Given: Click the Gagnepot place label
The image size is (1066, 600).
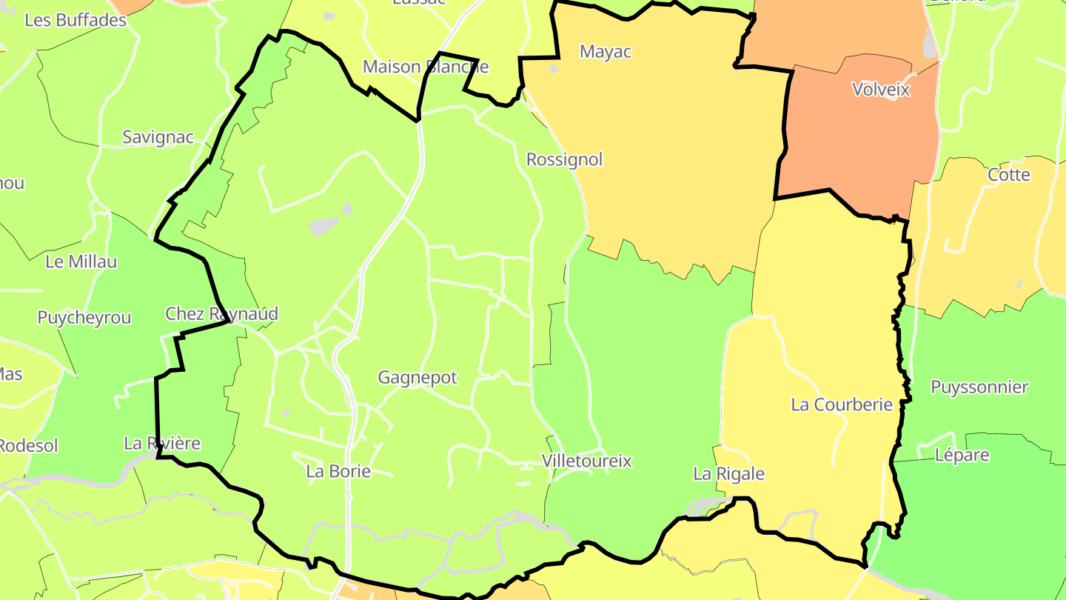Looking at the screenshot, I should tap(418, 378).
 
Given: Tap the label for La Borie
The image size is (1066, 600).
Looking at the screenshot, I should tap(338, 471).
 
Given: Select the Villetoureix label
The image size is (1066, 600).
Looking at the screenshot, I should tap(586, 461).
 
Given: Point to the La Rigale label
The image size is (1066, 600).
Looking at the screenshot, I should tap(728, 473).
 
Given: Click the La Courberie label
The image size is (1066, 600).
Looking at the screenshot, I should tap(842, 404).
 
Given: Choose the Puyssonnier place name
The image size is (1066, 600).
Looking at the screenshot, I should tap(979, 387).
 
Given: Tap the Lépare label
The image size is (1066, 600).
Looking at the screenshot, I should tap(962, 455).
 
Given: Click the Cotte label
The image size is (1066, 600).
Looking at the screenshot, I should tap(1008, 175).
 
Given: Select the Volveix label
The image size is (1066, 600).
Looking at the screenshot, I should tap(880, 90).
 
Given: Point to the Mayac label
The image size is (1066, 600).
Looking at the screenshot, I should tap(606, 52).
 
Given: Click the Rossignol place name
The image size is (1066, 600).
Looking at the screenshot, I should tap(564, 159).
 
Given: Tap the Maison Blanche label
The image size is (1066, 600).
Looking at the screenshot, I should tap(426, 67).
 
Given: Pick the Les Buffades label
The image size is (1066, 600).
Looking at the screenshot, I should tap(76, 20).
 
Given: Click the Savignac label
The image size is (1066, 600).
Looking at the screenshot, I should tap(158, 137).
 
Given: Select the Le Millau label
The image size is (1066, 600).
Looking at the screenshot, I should tap(81, 261).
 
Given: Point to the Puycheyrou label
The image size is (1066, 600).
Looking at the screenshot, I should tap(84, 318).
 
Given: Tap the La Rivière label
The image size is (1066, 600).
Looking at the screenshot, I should tap(162, 444).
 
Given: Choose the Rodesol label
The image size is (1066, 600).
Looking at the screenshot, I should tap(28, 446).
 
